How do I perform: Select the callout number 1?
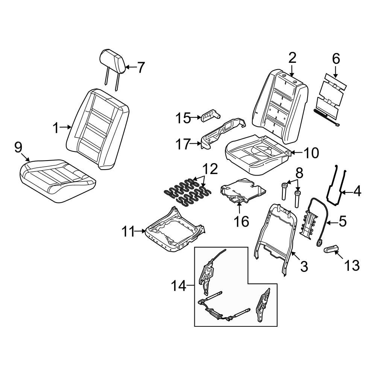(x=56, y=129)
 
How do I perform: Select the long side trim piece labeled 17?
(x=222, y=133)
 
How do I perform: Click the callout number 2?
(x=292, y=58)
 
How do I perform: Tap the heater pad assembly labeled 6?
(x=330, y=96)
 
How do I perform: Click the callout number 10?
(x=311, y=153)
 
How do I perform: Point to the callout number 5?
(x=342, y=222)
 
